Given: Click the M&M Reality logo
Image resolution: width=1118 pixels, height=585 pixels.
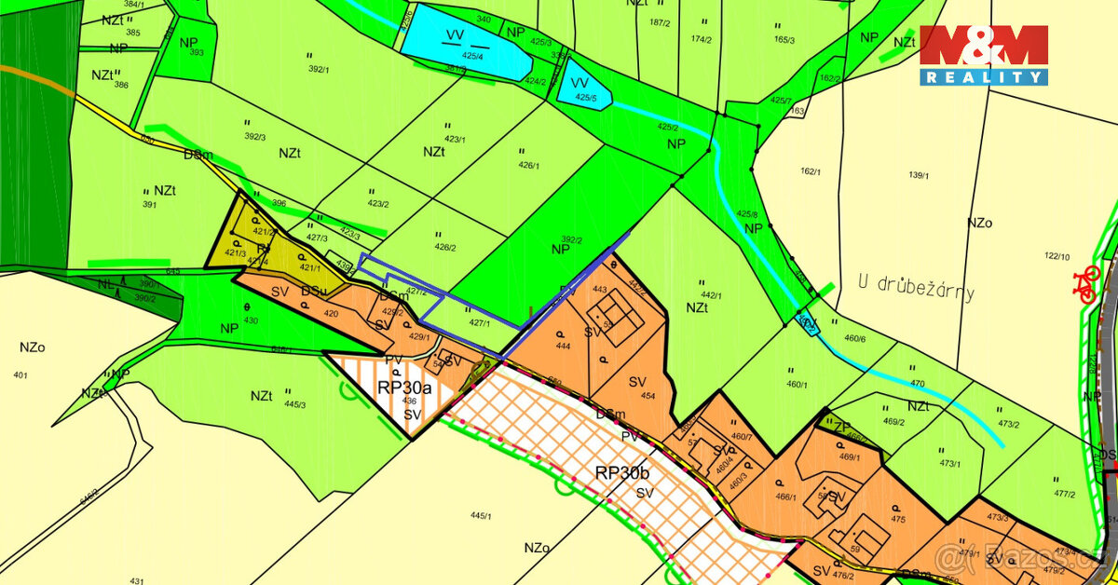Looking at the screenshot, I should pos(984,55).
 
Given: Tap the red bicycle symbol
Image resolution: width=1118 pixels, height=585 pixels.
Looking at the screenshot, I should pos(1086,284).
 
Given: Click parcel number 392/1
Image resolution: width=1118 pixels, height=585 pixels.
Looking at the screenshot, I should pos(320,68).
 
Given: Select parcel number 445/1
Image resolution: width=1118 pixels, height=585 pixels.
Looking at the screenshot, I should pos(481,514).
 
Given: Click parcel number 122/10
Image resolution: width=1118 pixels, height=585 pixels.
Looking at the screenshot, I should pos(1057,256).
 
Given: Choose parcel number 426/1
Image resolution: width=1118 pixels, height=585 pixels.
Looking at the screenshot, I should pos(529,166).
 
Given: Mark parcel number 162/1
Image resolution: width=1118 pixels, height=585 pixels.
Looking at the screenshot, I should pos(811,171).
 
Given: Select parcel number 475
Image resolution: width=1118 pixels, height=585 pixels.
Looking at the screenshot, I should pos(898,520).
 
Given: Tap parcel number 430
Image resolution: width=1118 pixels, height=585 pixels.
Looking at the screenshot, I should pos(250,320).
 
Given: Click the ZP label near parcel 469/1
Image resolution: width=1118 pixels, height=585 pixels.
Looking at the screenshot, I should pos(841,428).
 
